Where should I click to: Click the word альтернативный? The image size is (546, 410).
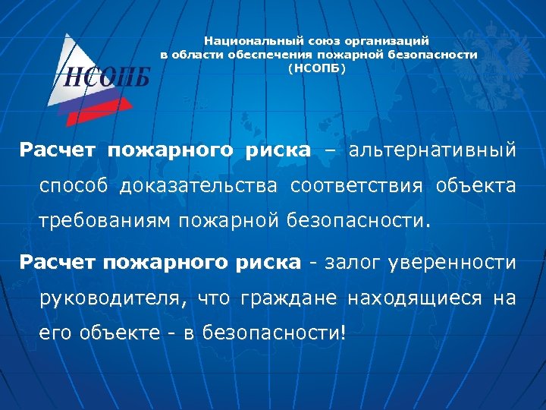point(432,150)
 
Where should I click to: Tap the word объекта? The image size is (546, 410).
point(476,186)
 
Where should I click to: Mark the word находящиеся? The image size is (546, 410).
point(414,299)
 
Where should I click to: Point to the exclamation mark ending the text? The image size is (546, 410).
point(343,334)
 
